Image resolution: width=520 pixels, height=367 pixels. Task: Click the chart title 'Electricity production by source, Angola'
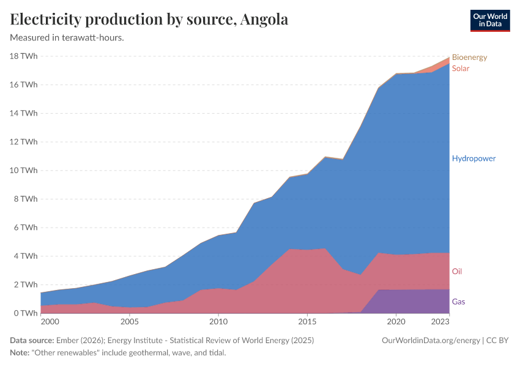[149, 20]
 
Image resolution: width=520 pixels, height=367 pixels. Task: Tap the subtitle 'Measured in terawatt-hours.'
[67, 38]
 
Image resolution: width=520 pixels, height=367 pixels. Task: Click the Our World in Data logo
[489, 20]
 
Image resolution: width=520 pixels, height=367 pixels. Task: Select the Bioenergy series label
[469, 57]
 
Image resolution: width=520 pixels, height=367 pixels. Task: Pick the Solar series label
[461, 69]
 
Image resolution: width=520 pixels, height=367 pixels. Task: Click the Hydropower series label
[474, 158]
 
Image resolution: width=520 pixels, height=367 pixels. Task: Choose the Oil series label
[457, 271]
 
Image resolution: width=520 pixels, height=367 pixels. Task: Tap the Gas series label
[459, 302]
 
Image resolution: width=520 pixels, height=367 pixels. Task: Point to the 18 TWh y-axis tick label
[23, 56]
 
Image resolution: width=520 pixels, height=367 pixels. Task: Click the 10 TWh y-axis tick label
[23, 170]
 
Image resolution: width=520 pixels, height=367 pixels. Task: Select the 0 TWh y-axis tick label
[26, 313]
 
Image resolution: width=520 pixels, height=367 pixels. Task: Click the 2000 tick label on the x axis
[50, 321]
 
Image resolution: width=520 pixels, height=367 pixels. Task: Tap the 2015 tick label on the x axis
[307, 321]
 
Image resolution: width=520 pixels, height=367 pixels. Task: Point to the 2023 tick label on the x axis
[440, 321]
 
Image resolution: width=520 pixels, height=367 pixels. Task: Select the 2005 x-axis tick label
[129, 321]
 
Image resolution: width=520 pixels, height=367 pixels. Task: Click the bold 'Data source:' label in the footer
[32, 340]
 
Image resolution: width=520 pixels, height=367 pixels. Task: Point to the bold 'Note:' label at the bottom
[20, 353]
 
